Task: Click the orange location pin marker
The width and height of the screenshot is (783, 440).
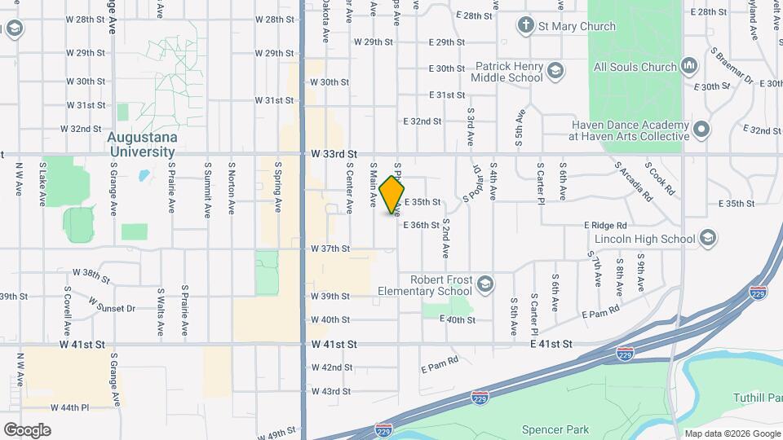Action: (392, 194)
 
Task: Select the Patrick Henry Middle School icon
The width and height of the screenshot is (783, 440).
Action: (555, 71)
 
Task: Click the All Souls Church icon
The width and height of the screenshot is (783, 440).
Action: (688, 65)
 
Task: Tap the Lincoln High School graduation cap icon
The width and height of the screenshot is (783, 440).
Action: (707, 239)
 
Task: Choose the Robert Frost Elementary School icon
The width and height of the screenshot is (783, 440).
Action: (484, 284)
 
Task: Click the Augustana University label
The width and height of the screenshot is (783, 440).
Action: (141, 145)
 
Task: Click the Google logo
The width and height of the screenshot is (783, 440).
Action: (27, 429)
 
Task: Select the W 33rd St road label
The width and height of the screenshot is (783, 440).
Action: (334, 153)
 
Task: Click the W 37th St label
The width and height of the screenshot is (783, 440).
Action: (330, 249)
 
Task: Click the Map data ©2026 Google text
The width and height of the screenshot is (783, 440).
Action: (732, 433)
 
